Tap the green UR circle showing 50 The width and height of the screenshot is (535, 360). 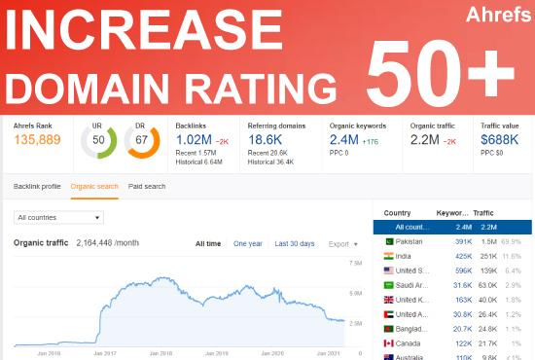click(98, 140)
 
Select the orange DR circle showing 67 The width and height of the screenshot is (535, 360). click(142, 140)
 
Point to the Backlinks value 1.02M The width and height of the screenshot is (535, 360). click(199, 139)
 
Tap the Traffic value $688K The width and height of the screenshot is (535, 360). click(500, 139)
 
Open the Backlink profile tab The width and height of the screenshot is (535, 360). click(37, 186)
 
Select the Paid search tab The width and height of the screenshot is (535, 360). click(147, 186)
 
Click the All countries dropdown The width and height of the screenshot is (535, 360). click(58, 217)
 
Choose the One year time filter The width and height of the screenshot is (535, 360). click(247, 243)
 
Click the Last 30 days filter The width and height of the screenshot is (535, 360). click(294, 243)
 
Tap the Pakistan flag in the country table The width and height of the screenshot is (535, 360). click(389, 239)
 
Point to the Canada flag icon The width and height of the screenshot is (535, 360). click(389, 343)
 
